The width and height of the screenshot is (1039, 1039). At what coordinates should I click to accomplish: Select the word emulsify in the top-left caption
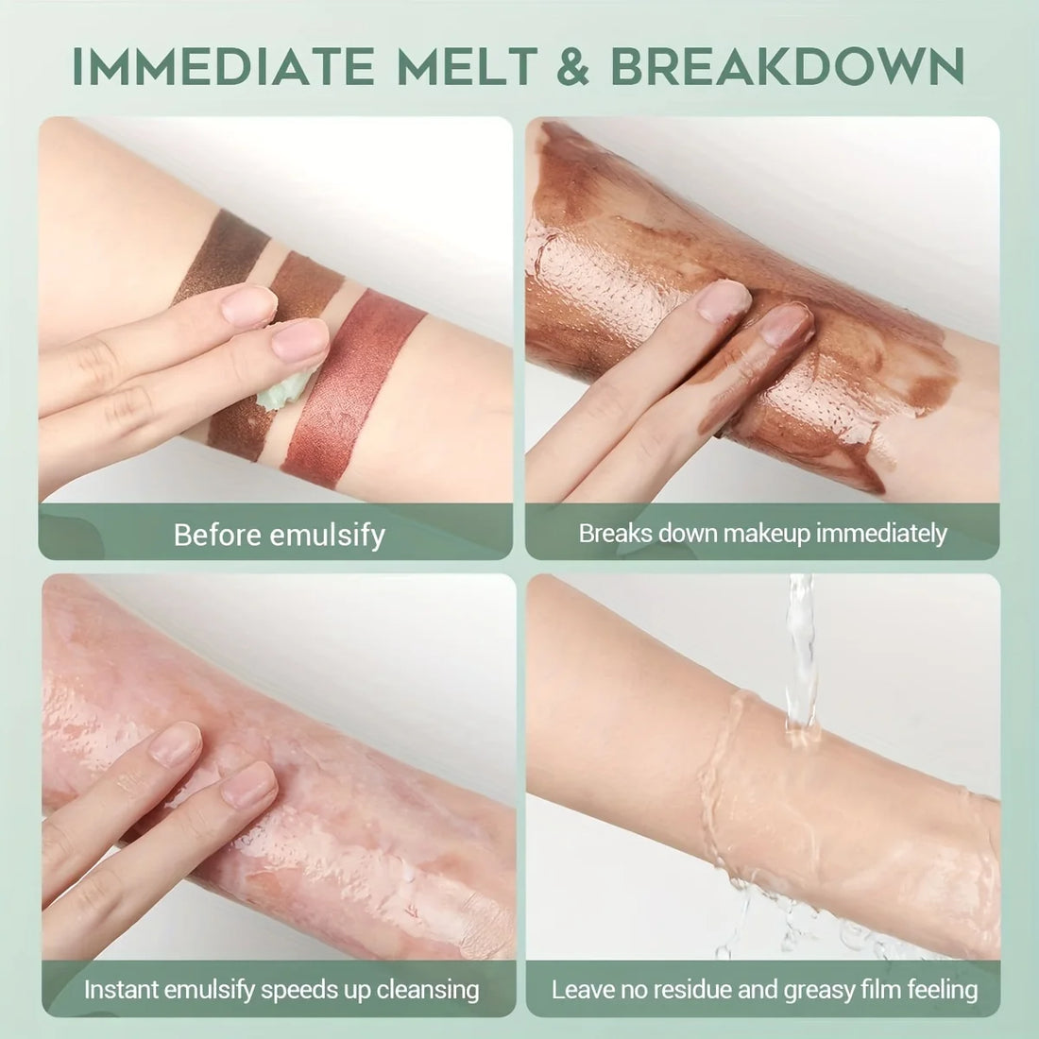coord(328,535)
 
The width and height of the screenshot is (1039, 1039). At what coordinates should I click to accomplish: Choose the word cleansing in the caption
coord(423,990)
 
